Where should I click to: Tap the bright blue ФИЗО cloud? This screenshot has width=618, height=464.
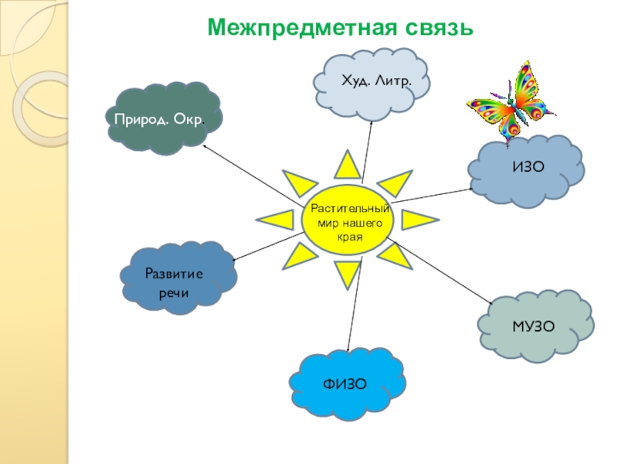click(x=348, y=384)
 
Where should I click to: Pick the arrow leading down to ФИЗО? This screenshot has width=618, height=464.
click(x=351, y=309)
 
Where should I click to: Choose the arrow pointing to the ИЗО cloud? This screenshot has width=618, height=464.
click(x=433, y=194)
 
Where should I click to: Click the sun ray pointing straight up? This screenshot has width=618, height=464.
click(x=346, y=165)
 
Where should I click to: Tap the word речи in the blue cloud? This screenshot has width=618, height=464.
click(x=174, y=295)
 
